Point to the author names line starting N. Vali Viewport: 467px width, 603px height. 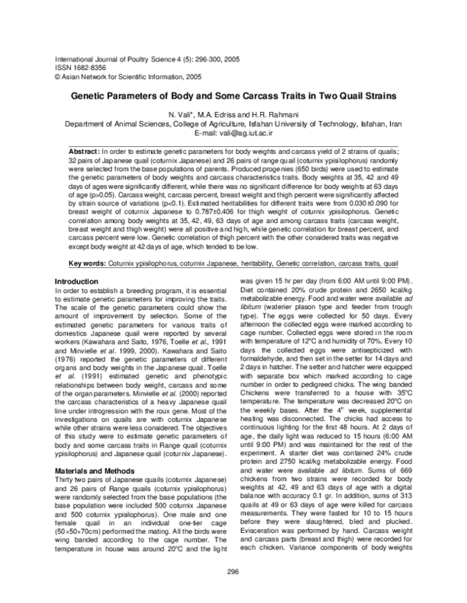point(233,114)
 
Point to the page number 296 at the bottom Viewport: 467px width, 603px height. point(233,572)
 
